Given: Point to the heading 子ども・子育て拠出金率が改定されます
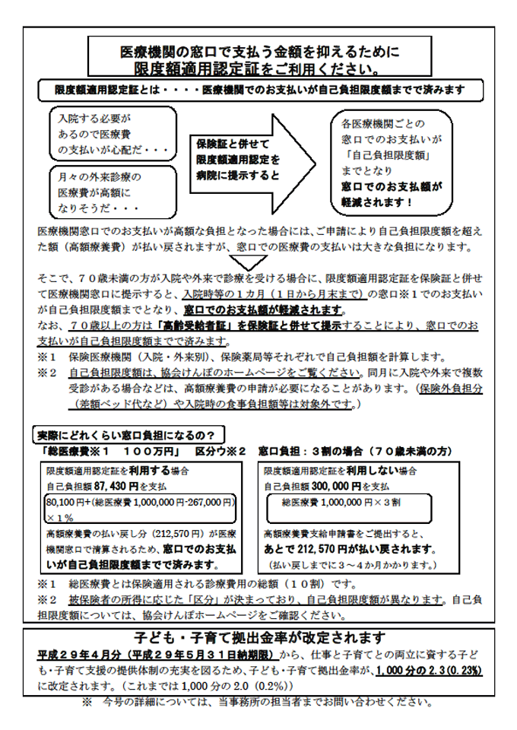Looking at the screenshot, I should point(259,637).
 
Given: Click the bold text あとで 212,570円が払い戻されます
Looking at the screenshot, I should point(350,549).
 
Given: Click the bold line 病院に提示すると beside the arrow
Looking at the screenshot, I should point(237,175).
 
